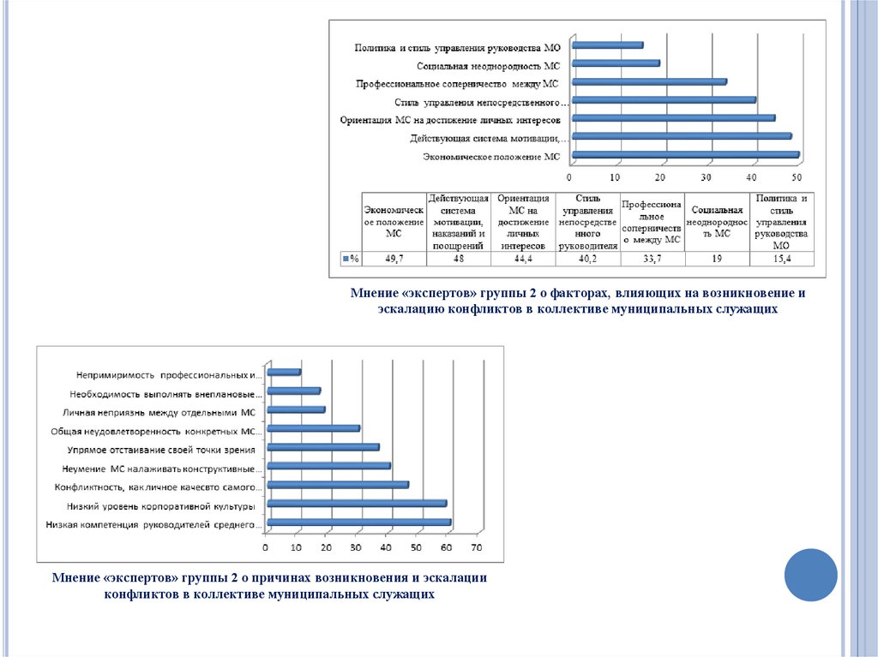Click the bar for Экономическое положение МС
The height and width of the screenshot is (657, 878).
[x=685, y=156]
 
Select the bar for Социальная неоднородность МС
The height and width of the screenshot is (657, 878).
[x=615, y=63]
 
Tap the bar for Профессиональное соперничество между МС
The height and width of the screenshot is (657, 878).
[x=648, y=82]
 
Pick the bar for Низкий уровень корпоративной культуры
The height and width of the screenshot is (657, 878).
[x=357, y=504]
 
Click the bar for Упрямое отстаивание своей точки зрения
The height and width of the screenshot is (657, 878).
[x=322, y=447]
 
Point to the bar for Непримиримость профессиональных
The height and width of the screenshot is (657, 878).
[x=284, y=373]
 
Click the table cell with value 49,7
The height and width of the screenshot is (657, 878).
[x=394, y=258]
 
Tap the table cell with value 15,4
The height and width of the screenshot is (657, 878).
[x=781, y=258]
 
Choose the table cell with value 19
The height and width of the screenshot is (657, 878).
[x=716, y=258]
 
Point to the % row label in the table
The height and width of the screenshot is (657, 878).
[x=351, y=258]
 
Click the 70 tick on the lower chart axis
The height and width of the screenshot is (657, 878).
[x=477, y=548]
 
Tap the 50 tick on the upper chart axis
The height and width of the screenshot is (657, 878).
[x=797, y=177]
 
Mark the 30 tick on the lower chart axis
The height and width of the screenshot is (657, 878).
[x=357, y=548]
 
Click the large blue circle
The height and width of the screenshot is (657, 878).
[x=811, y=575]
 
